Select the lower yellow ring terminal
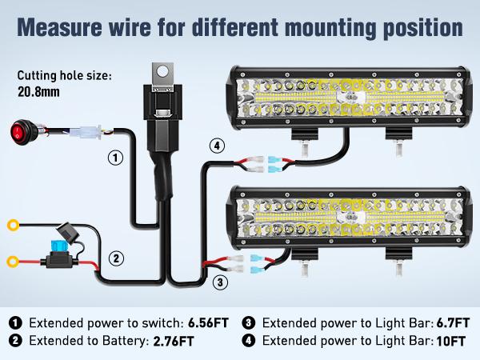(x=13, y=260)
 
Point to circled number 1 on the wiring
(x=116, y=158)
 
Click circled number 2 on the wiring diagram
(x=116, y=258)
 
